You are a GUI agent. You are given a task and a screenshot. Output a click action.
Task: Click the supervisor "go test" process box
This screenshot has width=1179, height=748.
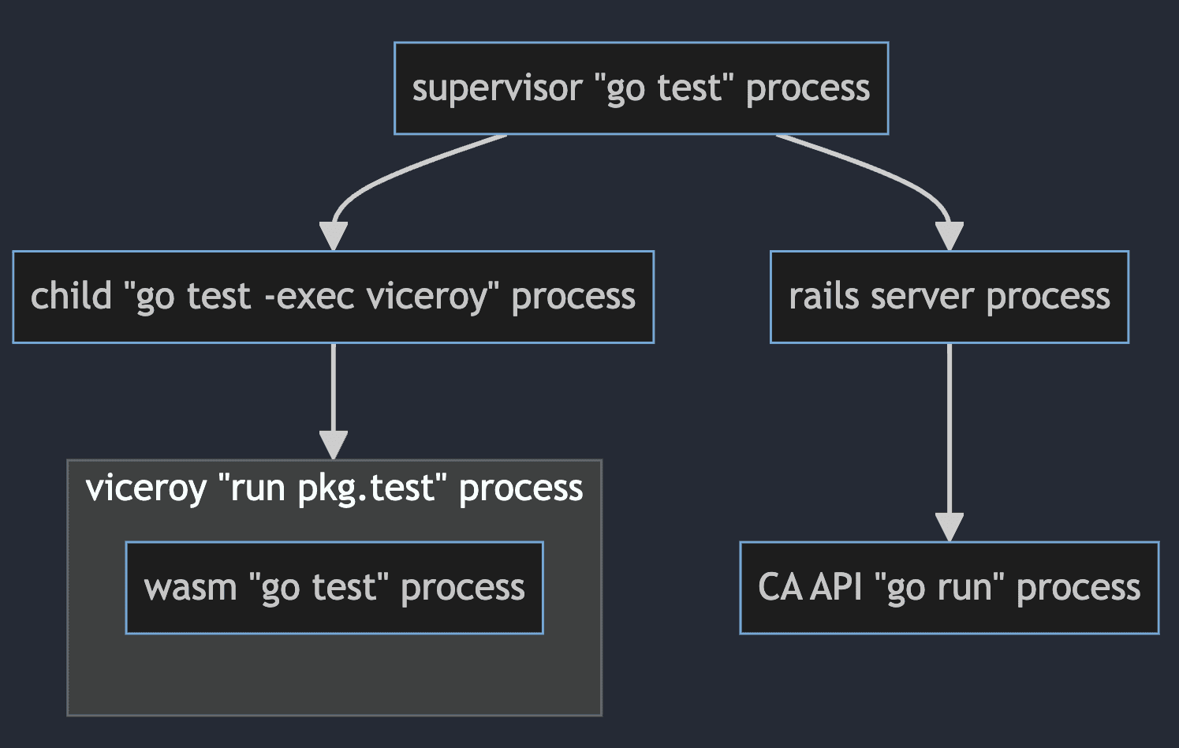(640, 88)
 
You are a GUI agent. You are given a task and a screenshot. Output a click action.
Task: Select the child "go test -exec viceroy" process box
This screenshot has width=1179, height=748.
(333, 297)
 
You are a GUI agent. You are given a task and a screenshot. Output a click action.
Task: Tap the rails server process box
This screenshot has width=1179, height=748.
(949, 297)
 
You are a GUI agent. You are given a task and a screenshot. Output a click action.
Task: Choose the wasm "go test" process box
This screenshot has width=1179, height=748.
(334, 588)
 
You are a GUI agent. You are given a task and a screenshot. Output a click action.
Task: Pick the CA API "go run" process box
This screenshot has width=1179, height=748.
(949, 588)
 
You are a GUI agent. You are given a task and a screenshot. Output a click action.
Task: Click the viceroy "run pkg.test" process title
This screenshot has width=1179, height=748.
(334, 488)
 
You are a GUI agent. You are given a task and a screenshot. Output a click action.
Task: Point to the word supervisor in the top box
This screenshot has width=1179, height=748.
(497, 88)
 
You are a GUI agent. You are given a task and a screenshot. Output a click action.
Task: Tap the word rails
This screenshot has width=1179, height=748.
(823, 297)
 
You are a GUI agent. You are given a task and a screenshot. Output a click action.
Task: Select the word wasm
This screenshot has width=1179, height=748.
(190, 588)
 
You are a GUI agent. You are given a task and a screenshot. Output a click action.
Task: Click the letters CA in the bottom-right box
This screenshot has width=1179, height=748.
(779, 588)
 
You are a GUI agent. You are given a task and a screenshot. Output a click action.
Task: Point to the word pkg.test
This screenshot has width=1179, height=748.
(367, 488)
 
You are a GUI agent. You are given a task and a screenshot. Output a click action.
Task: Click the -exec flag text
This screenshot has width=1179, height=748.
(309, 297)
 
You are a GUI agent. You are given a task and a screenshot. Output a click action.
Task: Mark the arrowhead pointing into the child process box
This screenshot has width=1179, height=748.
(334, 236)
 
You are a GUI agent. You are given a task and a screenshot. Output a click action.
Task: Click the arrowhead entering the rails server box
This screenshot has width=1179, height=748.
(949, 236)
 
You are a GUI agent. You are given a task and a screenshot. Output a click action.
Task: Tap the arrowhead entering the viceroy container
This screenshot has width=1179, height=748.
(334, 445)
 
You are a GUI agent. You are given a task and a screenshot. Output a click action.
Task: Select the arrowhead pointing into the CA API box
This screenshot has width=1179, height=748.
(949, 526)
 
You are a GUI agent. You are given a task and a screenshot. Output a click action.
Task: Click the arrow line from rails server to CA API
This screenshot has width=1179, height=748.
(949, 426)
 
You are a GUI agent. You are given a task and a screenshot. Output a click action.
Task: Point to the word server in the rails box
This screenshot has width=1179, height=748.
(922, 297)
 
